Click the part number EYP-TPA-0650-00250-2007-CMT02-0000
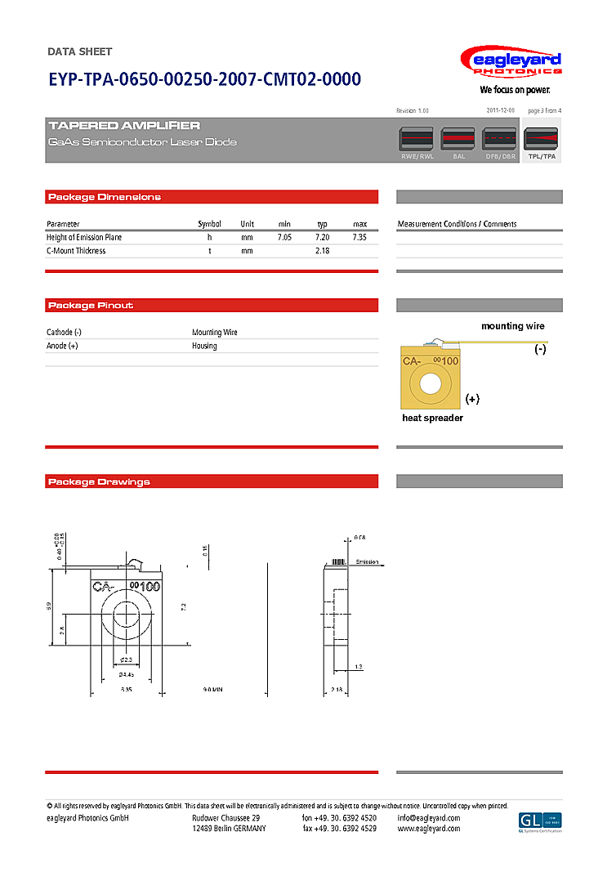(x=204, y=79)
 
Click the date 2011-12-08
(x=500, y=110)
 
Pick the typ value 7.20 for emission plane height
(x=322, y=237)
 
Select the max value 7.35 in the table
(x=359, y=237)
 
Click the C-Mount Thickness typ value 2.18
(x=322, y=251)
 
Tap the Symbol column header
(x=209, y=224)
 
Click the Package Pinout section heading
(x=91, y=306)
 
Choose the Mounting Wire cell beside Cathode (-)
(x=215, y=333)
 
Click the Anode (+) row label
(x=62, y=346)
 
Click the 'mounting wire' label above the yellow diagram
(x=512, y=326)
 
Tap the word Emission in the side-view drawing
(x=368, y=562)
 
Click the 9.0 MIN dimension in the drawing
(x=212, y=690)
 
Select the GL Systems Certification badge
(x=540, y=821)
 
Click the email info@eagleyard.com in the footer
(x=428, y=818)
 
